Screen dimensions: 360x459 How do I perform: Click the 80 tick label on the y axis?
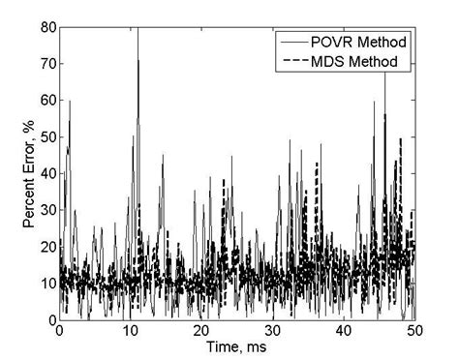tap(46, 28)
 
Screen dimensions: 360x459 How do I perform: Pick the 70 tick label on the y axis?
tap(46, 65)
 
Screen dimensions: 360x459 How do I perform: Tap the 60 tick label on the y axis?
tap(46, 101)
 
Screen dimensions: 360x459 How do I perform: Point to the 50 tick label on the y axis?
tap(46, 137)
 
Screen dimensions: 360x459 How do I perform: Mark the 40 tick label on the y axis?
tap(46, 174)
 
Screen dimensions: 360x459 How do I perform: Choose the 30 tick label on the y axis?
tap(46, 211)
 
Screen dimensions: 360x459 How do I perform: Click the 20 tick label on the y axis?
tap(46, 247)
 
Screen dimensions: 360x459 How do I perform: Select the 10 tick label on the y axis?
tap(46, 284)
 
